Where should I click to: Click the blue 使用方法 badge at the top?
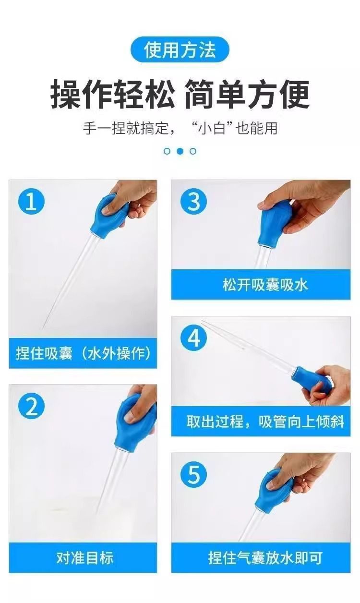180,50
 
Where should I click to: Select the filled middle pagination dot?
180,151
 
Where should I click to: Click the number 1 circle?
31,202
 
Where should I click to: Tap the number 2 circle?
31,407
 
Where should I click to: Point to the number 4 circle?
193,338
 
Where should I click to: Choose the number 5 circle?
193,476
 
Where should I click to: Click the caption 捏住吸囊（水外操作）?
83,354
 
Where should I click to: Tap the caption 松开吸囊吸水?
265,285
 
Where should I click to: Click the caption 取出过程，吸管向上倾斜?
265,422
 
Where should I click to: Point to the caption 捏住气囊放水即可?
265,558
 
